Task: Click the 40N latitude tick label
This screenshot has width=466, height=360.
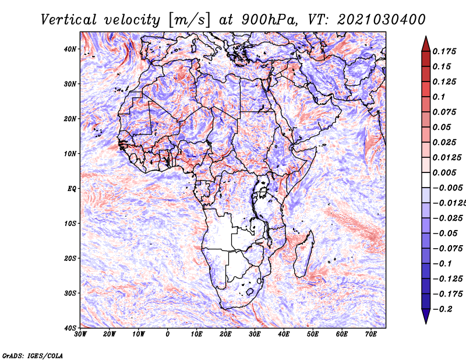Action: click(70, 49)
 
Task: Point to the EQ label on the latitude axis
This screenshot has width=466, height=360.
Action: click(72, 189)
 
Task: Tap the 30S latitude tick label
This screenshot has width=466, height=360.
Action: click(70, 294)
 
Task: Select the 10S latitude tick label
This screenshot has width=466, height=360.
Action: click(70, 224)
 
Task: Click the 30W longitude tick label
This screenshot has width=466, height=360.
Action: click(80, 334)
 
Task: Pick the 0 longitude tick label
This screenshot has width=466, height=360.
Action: click(168, 334)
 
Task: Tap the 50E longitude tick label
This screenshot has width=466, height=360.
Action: click(313, 334)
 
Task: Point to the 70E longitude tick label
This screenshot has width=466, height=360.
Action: click(371, 334)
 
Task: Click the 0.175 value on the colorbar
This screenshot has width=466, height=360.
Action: click(444, 51)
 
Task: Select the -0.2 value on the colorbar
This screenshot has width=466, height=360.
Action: click(442, 309)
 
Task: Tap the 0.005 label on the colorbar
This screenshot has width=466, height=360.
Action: click(444, 172)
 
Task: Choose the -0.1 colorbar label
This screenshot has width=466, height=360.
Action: click(442, 264)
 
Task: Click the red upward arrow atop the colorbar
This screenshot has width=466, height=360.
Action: click(426, 44)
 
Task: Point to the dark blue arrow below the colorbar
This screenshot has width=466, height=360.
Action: click(426, 316)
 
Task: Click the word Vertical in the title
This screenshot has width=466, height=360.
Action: click(69, 20)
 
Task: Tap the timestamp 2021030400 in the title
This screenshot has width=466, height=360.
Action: click(382, 20)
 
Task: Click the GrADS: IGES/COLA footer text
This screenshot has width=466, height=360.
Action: click(33, 356)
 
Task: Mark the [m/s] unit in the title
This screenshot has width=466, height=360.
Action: click(189, 20)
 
